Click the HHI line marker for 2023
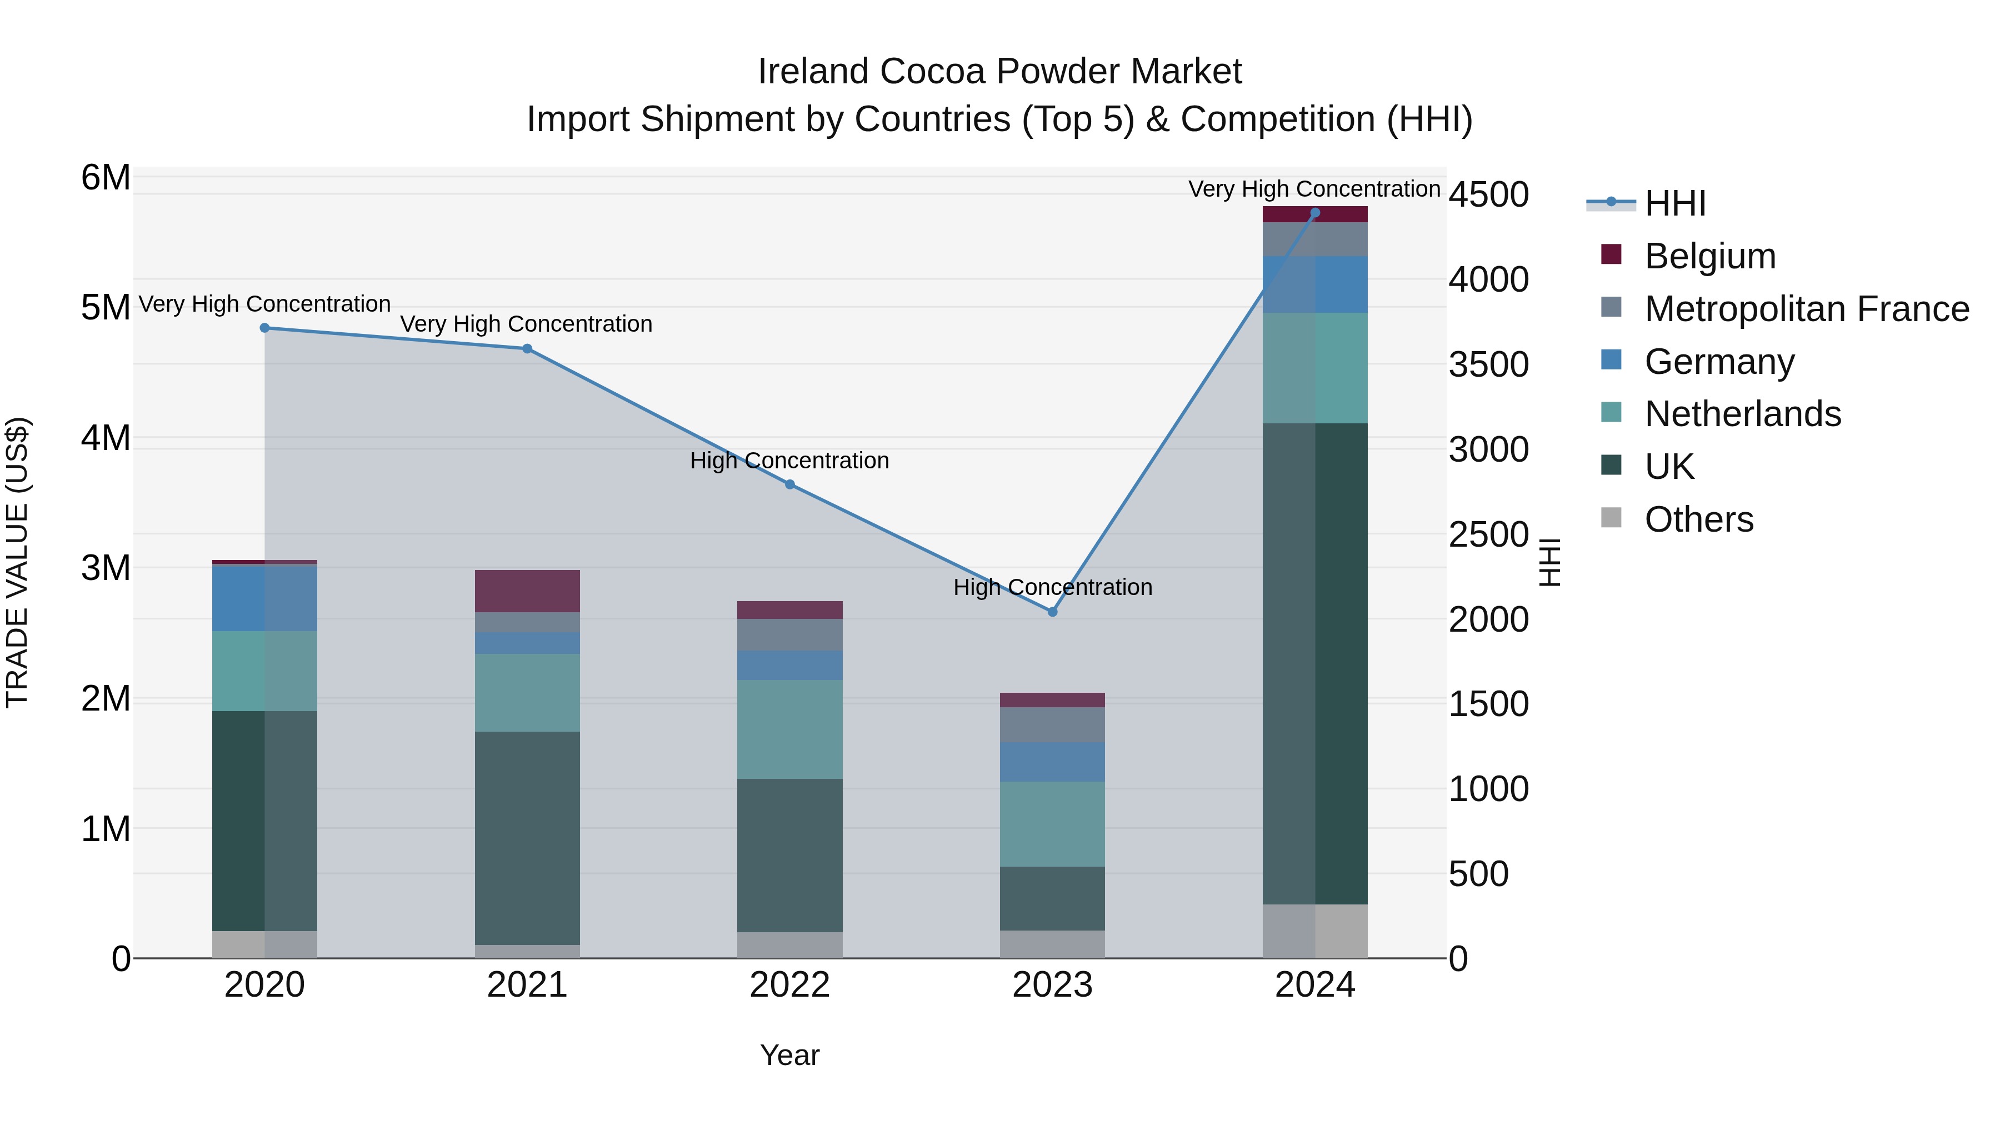[1052, 612]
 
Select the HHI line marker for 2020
[265, 328]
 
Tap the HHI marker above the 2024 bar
[1314, 212]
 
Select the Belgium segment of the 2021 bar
[527, 591]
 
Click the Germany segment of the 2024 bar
[1314, 284]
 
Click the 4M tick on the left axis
[106, 438]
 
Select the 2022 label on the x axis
[789, 985]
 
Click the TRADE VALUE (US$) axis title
[17, 562]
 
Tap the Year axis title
[789, 1055]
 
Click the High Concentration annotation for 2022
[789, 461]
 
